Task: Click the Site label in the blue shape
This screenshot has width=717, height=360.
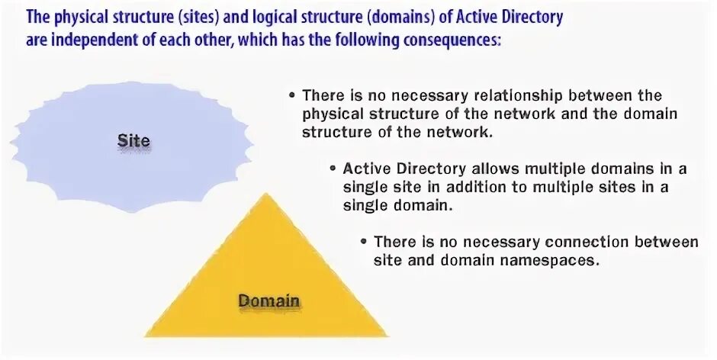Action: point(133,141)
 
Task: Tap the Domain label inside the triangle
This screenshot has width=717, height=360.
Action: point(268,301)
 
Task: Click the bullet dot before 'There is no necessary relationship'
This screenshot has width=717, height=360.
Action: point(292,96)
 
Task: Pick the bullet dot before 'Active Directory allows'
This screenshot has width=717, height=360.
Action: point(333,169)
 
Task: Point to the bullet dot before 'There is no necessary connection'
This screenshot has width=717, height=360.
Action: point(365,242)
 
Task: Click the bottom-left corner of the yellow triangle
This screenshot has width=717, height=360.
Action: point(146,335)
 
